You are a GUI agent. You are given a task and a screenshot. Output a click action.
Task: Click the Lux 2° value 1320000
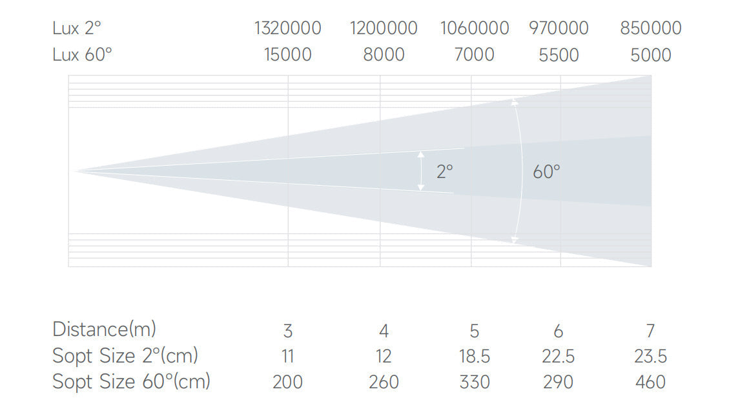tap(287, 28)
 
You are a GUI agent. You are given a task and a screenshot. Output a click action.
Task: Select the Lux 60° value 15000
tap(287, 55)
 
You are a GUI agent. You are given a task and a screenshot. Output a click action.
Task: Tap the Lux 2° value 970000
tap(559, 28)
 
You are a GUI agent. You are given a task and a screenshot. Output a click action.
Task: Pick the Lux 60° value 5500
tap(559, 55)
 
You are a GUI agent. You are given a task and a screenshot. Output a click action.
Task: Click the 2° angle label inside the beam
tap(444, 172)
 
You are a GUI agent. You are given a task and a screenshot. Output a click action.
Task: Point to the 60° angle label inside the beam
tap(546, 172)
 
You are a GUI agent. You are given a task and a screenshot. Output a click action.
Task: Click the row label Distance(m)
tap(104, 329)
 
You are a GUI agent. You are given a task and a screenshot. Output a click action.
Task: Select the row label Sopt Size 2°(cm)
tap(125, 355)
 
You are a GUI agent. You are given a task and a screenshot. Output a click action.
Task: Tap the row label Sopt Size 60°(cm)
tap(131, 382)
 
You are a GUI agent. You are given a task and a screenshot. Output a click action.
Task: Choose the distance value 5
tap(475, 331)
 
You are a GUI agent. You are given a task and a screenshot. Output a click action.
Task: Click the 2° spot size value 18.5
tap(475, 356)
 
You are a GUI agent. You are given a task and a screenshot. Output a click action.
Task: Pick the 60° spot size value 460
tap(650, 382)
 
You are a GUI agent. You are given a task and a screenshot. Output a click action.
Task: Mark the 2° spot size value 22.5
tap(559, 356)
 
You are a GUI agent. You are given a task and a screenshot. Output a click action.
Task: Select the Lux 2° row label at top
tap(77, 28)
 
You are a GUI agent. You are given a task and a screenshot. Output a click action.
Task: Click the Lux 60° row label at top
tap(82, 55)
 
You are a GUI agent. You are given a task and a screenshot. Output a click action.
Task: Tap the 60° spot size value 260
tap(384, 382)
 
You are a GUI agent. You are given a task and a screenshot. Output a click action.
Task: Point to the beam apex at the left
tap(76, 172)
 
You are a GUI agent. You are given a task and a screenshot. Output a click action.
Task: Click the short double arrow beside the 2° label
tap(421, 171)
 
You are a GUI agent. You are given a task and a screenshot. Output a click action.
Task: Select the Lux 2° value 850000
tap(650, 28)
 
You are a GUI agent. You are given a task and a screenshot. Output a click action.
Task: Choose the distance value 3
tap(288, 331)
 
